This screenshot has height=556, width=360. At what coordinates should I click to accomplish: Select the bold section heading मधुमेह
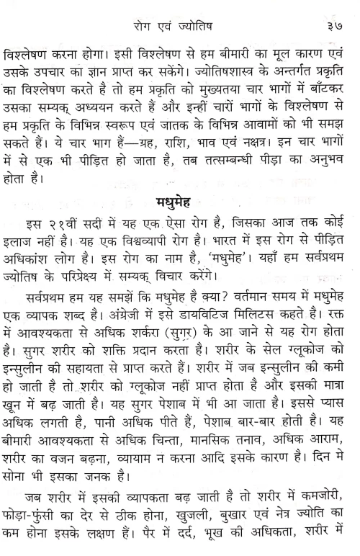[176, 199]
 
